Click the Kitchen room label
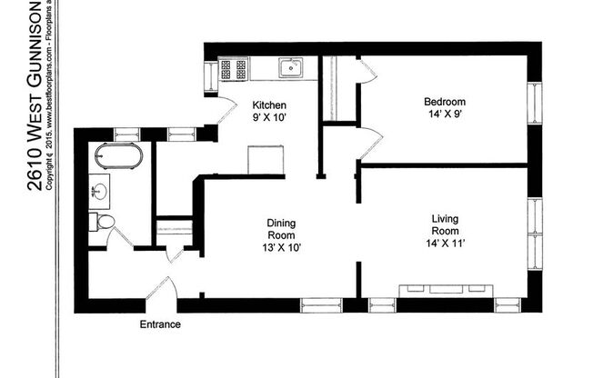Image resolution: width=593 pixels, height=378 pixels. [x=269, y=104]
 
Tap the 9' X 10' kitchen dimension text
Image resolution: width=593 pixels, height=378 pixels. [x=269, y=118]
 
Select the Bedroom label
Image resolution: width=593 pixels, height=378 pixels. [x=445, y=101]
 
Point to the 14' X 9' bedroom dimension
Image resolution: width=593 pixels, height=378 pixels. [x=445, y=114]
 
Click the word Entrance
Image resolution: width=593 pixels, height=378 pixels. [x=159, y=324]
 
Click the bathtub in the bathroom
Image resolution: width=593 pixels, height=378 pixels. [x=118, y=156]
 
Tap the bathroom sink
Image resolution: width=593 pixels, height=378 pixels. [x=99, y=191]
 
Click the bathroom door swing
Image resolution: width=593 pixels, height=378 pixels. [x=119, y=237]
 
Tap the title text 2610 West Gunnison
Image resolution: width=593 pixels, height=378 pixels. [x=34, y=95]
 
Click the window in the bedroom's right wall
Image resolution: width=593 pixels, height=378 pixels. [x=535, y=101]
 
